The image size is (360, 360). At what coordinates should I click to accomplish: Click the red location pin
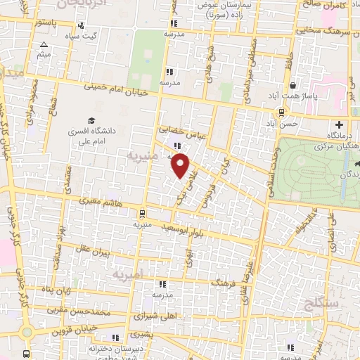click(x=181, y=165)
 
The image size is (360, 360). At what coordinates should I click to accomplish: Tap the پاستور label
click(x=51, y=22)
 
